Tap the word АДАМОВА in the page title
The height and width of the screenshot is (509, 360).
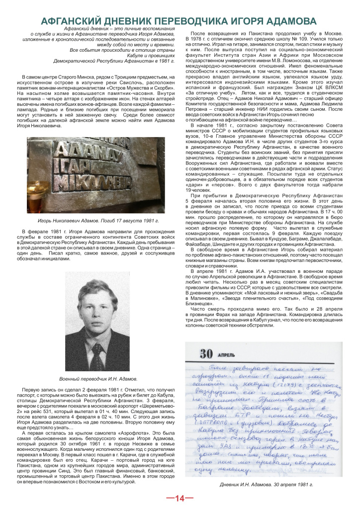click(288, 21)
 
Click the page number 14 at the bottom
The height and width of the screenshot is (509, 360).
click(180, 498)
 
